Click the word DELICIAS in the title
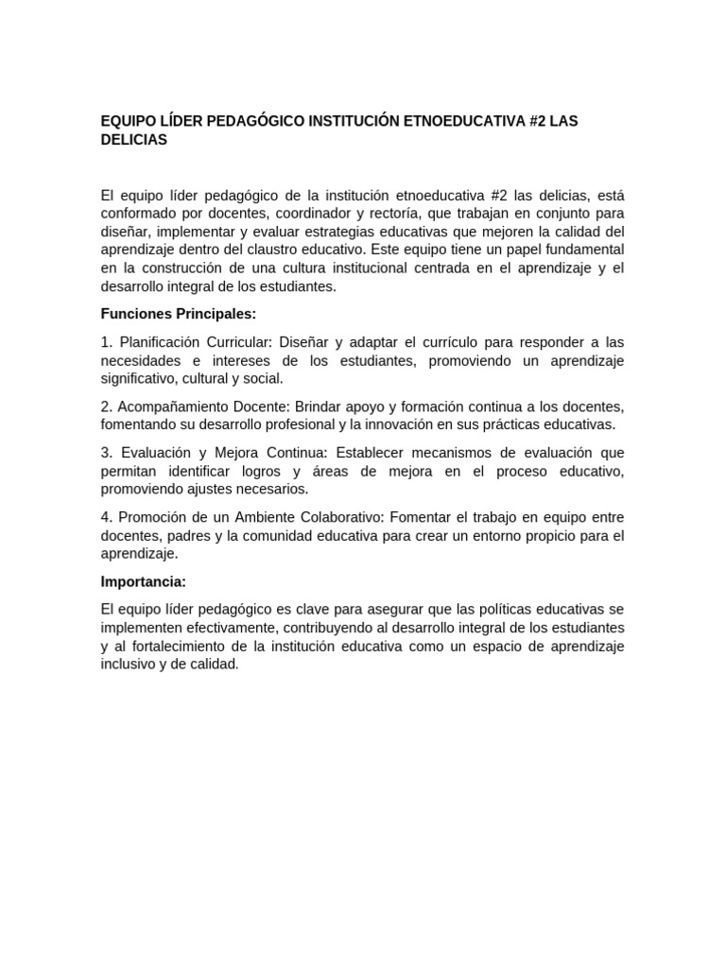coord(133,139)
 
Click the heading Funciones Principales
coord(179,314)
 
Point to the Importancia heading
coord(144,581)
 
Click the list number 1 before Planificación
coord(106,341)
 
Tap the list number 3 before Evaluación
coord(106,453)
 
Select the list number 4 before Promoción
coord(106,517)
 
